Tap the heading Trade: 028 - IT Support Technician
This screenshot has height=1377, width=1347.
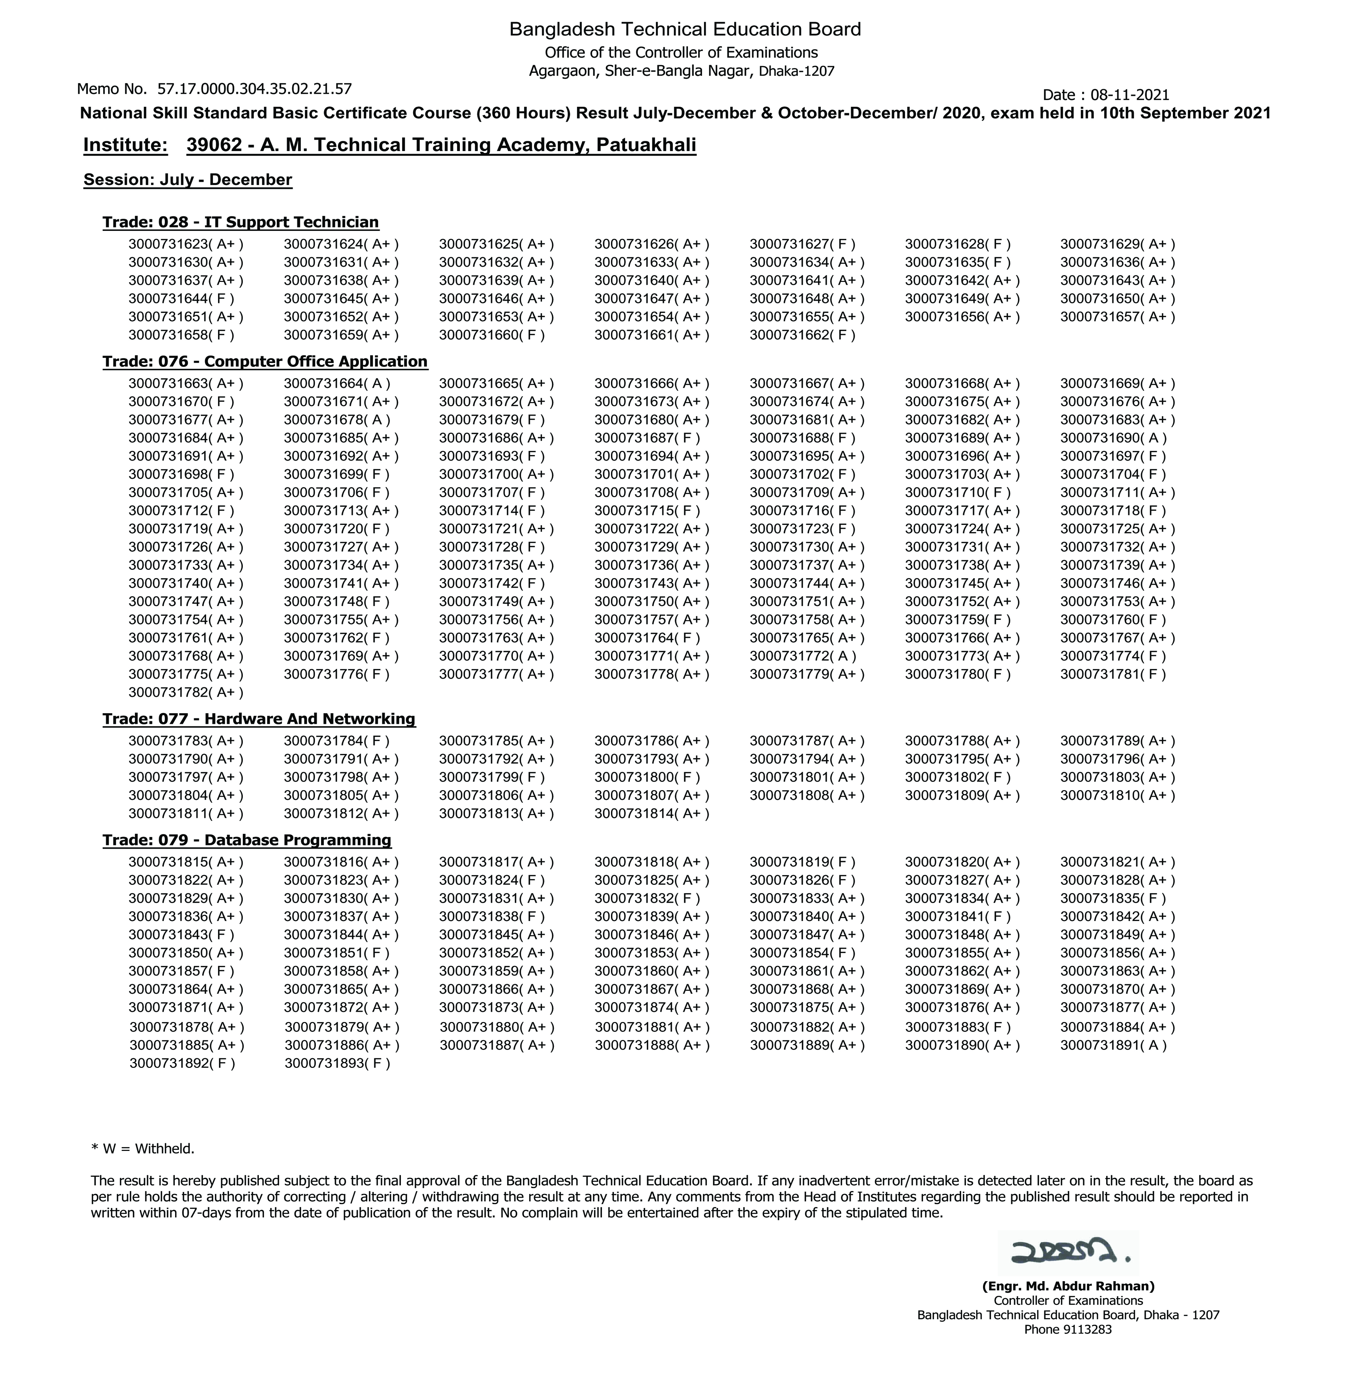241,222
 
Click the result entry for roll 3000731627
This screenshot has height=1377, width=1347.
802,244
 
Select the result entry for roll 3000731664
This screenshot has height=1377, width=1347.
337,383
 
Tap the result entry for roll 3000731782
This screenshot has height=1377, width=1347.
185,692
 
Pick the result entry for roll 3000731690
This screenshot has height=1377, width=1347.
1113,438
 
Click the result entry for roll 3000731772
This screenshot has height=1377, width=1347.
802,655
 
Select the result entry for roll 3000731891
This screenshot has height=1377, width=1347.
1113,1044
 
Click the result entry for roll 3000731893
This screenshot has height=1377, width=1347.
337,1063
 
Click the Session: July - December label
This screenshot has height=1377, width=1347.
188,180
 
